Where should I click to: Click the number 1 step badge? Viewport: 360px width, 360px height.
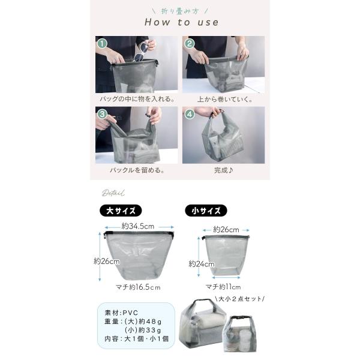[102, 43]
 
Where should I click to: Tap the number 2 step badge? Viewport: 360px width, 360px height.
[189, 43]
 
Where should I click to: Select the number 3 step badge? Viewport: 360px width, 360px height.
[102, 114]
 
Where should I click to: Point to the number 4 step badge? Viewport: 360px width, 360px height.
[190, 114]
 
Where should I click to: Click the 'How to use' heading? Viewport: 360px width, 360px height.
[181, 22]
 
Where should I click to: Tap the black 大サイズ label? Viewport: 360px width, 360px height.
[121, 211]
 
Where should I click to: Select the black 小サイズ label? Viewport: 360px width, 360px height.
[206, 211]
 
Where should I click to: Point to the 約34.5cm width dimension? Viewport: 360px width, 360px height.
[138, 226]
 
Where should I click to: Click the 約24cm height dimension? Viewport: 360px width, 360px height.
[202, 264]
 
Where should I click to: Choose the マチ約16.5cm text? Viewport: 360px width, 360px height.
[138, 287]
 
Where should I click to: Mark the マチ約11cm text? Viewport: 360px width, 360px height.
[223, 287]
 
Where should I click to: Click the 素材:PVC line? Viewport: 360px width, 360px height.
[121, 313]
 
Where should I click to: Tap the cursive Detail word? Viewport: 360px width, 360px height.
[113, 193]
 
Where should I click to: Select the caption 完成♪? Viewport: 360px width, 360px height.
[224, 170]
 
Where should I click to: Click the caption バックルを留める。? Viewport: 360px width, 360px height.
[137, 170]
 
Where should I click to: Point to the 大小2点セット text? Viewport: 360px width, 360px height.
[240, 299]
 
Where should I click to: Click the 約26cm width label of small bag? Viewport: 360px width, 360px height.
[226, 230]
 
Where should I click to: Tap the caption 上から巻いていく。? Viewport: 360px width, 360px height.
[225, 100]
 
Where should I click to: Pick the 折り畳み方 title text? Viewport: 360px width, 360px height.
[180, 11]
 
